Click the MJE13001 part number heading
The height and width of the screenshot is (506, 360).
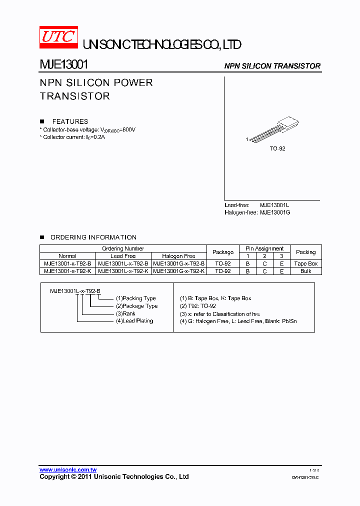[64, 65]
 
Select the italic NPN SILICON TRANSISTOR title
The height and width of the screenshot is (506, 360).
[272, 66]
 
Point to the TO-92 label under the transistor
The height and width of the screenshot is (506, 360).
[277, 149]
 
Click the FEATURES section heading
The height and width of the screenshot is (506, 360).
[70, 121]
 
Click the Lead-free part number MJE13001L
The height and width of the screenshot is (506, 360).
[274, 205]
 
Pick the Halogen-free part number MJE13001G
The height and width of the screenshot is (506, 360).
[275, 212]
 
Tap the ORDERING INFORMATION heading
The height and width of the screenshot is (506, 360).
[93, 237]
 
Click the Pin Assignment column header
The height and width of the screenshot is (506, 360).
[264, 248]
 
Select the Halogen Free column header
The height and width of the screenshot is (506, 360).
[178, 256]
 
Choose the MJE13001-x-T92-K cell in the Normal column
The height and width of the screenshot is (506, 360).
[67, 271]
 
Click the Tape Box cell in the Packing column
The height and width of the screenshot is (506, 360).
[305, 263]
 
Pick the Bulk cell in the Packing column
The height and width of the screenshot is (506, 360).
[305, 271]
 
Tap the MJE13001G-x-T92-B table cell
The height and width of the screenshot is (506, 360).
[178, 263]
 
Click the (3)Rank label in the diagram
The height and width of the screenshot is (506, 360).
[125, 313]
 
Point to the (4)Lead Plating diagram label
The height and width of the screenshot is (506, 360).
[134, 321]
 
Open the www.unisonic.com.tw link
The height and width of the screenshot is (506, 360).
[68, 470]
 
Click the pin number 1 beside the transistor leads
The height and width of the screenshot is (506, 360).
[246, 139]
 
